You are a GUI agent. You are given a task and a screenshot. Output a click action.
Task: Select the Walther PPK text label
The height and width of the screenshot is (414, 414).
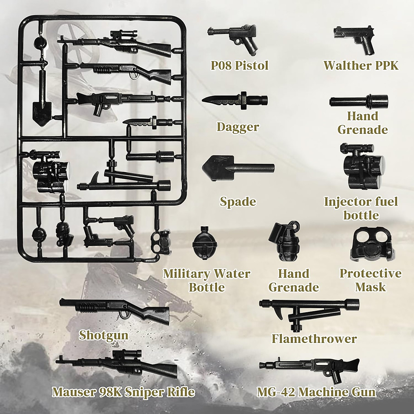click(x=361, y=65)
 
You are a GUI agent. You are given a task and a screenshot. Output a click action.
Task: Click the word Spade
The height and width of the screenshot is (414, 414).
click(x=238, y=201)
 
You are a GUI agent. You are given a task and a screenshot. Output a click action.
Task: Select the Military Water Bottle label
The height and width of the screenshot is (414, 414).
click(x=207, y=280)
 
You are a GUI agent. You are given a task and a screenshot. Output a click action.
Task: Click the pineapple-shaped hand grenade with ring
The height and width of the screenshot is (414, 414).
click(x=286, y=241)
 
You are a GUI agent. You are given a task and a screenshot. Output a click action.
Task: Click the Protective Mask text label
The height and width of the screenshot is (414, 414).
click(x=371, y=280)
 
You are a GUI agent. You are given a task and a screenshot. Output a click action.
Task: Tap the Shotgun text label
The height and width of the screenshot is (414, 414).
click(x=103, y=335)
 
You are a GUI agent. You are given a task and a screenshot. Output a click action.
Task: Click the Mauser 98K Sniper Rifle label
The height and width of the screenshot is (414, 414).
click(x=123, y=392)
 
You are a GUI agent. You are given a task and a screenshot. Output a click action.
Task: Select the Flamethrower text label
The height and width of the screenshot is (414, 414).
click(x=314, y=338)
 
